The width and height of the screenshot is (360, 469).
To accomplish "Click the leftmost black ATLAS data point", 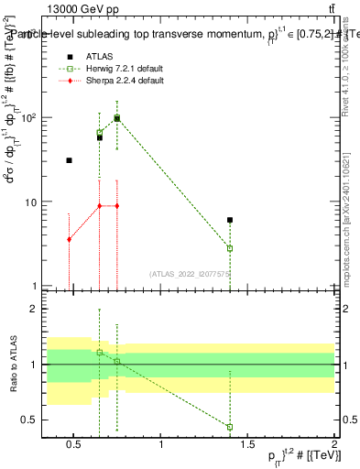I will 69,160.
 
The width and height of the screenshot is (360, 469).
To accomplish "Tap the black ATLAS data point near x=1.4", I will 230,220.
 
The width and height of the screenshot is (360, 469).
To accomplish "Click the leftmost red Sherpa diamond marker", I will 69,239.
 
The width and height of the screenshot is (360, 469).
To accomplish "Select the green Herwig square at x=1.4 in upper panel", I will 230,248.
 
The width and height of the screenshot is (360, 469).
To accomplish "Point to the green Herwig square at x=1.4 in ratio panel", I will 230,427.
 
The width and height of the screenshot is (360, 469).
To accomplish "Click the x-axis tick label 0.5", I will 75,449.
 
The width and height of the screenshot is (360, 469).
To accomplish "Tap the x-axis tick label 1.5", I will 247,449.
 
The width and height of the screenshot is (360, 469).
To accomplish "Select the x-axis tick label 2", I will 334,449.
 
